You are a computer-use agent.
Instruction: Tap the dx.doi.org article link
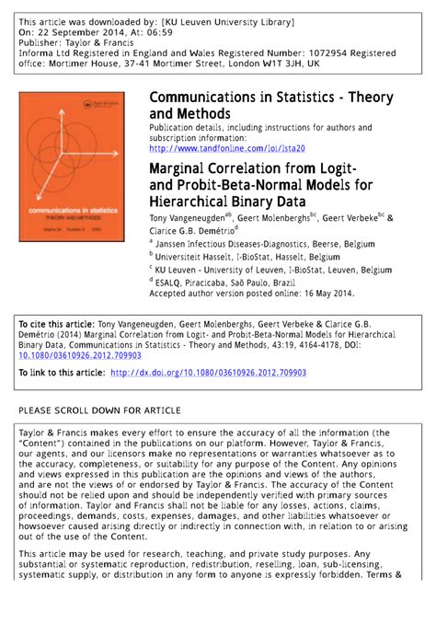pos(208,373)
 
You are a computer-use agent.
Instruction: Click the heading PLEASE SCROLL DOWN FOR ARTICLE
pos(99,410)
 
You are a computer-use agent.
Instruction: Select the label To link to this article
pos(61,373)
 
